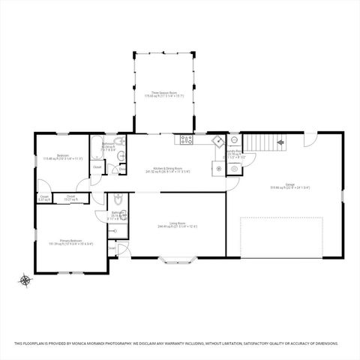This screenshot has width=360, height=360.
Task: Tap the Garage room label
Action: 289,185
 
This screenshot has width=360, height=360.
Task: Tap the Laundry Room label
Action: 232,155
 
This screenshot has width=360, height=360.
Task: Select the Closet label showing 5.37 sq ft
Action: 44,199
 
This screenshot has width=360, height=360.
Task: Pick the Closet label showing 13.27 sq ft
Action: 70,198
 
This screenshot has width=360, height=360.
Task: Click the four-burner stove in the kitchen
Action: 185,139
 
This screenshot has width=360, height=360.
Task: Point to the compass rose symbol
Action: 25,281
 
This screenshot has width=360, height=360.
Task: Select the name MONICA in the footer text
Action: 78,343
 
